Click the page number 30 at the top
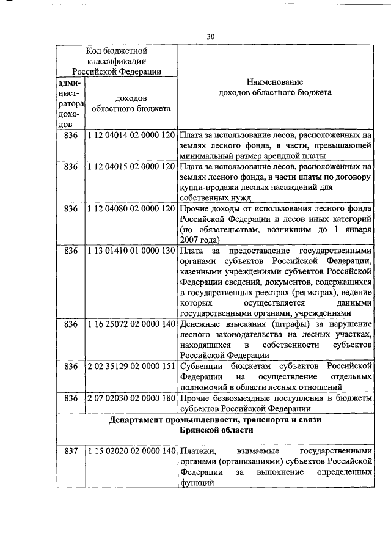pyautogui.click(x=210, y=37)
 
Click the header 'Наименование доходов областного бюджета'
pyautogui.click(x=275, y=87)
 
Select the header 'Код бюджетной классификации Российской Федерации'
pyautogui.click(x=117, y=60)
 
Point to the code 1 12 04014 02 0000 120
pyautogui.click(x=131, y=134)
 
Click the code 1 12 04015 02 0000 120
pyautogui.click(x=131, y=167)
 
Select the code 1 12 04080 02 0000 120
pyautogui.click(x=131, y=209)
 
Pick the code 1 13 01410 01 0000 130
pyautogui.click(x=131, y=251)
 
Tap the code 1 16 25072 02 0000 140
pyautogui.click(x=131, y=324)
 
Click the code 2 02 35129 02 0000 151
pyautogui.click(x=131, y=366)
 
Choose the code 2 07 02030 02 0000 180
pyautogui.click(x=131, y=398)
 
